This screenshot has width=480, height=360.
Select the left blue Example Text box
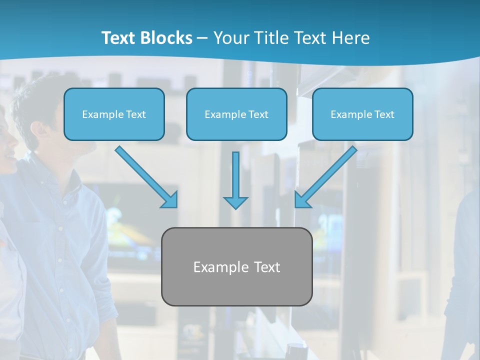[114, 114]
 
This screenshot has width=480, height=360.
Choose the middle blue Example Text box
[236, 114]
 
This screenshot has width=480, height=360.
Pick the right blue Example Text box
[362, 114]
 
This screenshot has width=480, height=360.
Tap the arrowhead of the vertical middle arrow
[235, 202]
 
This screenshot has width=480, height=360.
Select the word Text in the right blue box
[384, 114]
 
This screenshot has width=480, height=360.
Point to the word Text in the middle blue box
[258, 114]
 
